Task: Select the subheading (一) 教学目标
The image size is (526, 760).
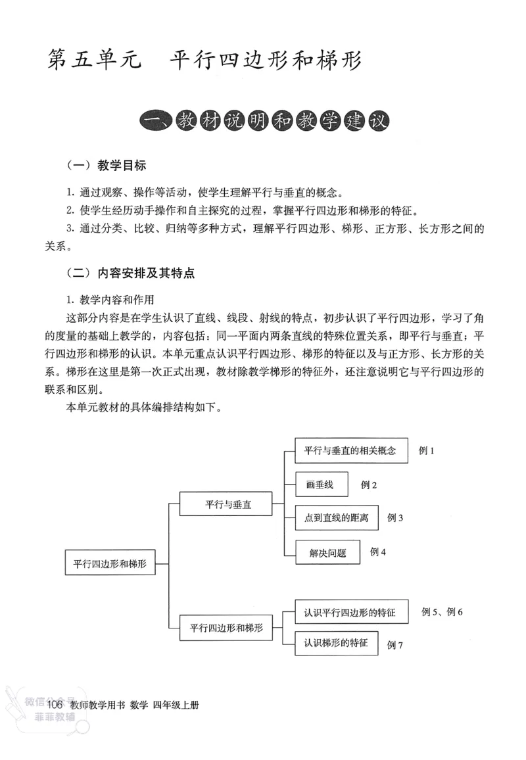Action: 107,165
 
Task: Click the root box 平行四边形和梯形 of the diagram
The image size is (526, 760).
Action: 110,563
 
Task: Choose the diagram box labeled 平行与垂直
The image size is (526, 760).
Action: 225,505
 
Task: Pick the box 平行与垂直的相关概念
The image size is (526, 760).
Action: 351,451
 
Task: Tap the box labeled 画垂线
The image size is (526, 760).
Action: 322,485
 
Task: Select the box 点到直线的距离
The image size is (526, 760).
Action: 337,518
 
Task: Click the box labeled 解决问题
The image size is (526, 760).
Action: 327,552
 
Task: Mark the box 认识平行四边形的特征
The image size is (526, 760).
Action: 350,612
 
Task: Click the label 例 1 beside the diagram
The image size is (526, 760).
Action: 427,451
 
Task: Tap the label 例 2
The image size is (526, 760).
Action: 369,485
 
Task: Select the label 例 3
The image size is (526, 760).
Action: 395,517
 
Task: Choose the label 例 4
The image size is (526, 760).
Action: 378,552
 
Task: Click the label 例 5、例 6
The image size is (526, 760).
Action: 442,612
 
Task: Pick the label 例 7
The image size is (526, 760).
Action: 395,645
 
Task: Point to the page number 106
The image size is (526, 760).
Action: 55,705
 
